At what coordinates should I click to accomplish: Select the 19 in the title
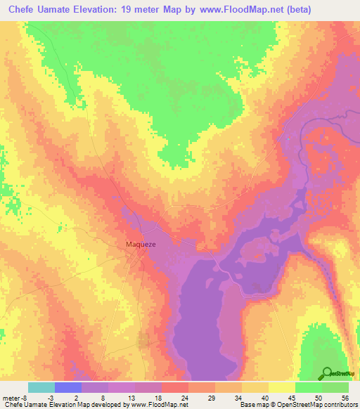click(x=134, y=9)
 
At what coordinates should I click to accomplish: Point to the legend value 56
click(x=345, y=398)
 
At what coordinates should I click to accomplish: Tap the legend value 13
click(x=132, y=398)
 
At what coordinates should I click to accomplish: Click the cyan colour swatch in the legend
click(x=41, y=387)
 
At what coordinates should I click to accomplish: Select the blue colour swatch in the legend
click(x=68, y=387)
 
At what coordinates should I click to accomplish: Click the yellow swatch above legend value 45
click(x=282, y=387)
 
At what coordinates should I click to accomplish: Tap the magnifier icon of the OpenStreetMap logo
click(x=328, y=372)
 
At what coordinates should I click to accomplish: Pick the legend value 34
click(x=239, y=398)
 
